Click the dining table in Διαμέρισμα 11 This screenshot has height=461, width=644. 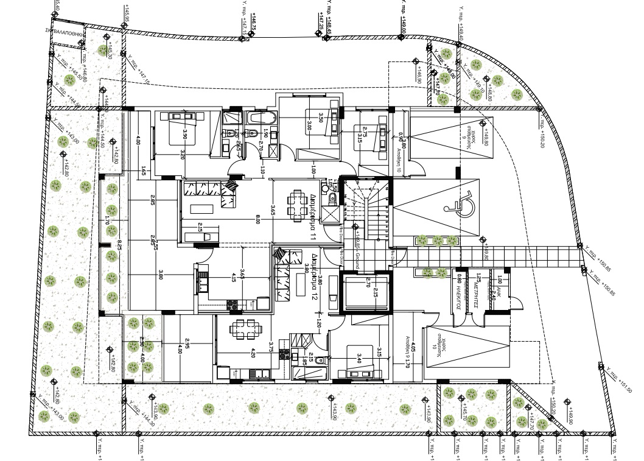(298, 205)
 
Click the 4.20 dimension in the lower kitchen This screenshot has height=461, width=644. (253, 350)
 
